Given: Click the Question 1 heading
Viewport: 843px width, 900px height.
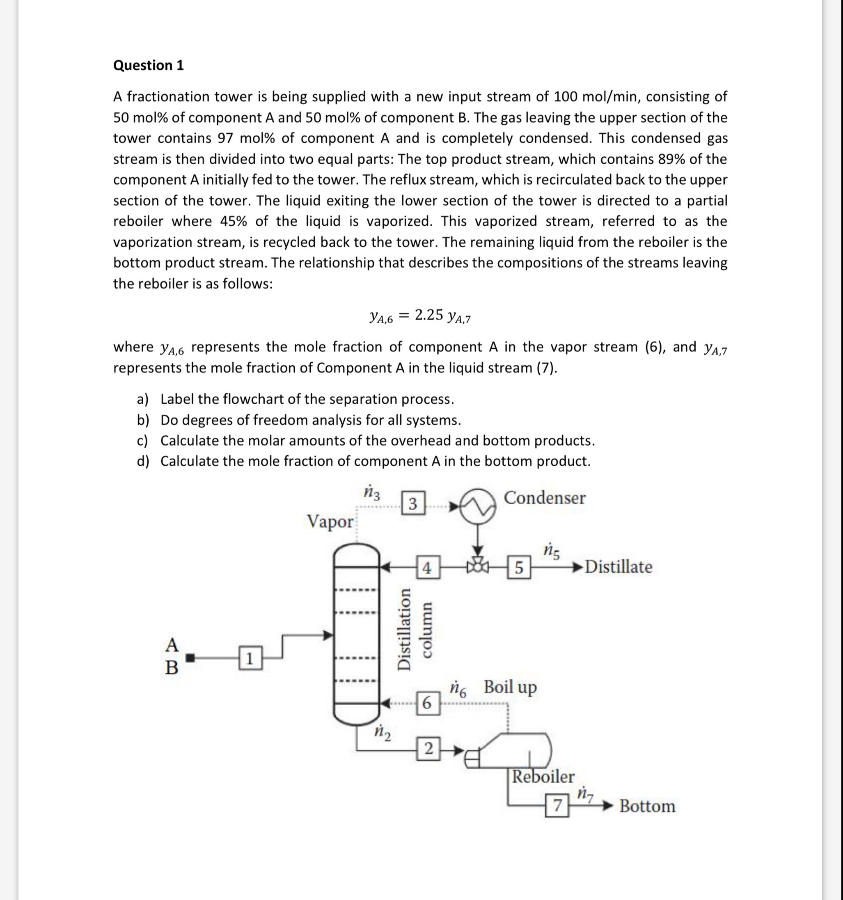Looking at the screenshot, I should pyautogui.click(x=148, y=65).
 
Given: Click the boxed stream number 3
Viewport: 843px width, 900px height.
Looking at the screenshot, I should pyautogui.click(x=412, y=503).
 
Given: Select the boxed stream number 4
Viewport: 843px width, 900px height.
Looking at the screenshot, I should pyautogui.click(x=427, y=568).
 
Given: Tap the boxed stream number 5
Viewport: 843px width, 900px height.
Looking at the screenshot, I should pyautogui.click(x=519, y=568).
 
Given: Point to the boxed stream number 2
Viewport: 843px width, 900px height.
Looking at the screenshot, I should pyautogui.click(x=428, y=749).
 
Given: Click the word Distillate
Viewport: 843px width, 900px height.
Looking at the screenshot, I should pyautogui.click(x=619, y=567).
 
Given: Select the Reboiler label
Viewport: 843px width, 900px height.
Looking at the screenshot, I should pyautogui.click(x=543, y=777).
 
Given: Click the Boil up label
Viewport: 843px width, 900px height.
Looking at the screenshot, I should pyautogui.click(x=510, y=687).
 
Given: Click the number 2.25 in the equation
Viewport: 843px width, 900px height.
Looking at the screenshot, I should pyautogui.click(x=428, y=315).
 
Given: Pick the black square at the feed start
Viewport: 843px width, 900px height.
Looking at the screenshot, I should pyautogui.click(x=191, y=658).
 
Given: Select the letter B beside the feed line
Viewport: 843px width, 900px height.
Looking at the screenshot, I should pyautogui.click(x=172, y=667).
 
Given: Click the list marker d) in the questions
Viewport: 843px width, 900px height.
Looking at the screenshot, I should pyautogui.click(x=143, y=461).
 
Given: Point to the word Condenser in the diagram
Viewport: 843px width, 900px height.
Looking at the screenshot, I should pyautogui.click(x=545, y=498).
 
